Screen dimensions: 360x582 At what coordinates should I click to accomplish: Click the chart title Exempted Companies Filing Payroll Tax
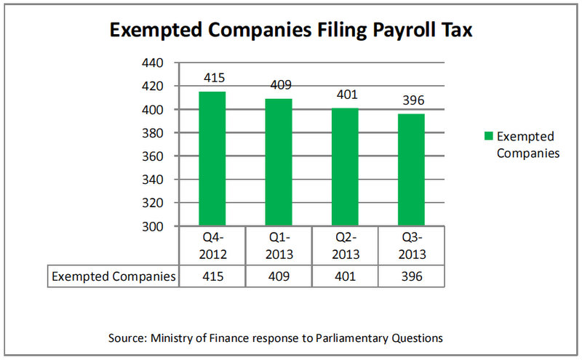pos(290,30)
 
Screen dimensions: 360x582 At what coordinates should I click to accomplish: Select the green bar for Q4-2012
pos(212,159)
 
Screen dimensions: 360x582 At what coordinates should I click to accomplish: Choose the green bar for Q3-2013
pos(411,169)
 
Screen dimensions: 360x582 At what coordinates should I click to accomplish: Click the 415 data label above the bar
pos(212,78)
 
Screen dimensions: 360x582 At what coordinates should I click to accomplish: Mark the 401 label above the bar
pos(345,95)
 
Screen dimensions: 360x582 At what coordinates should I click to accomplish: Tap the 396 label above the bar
pos(411,100)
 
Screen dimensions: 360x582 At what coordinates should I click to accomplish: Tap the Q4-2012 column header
pos(212,247)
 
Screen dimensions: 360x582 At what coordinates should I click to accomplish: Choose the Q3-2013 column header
pos(411,247)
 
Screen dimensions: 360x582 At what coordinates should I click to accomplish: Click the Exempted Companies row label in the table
pos(113,276)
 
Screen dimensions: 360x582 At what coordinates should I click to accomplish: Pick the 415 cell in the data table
pos(212,276)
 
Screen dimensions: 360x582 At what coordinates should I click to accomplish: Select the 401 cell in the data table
pos(345,276)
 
